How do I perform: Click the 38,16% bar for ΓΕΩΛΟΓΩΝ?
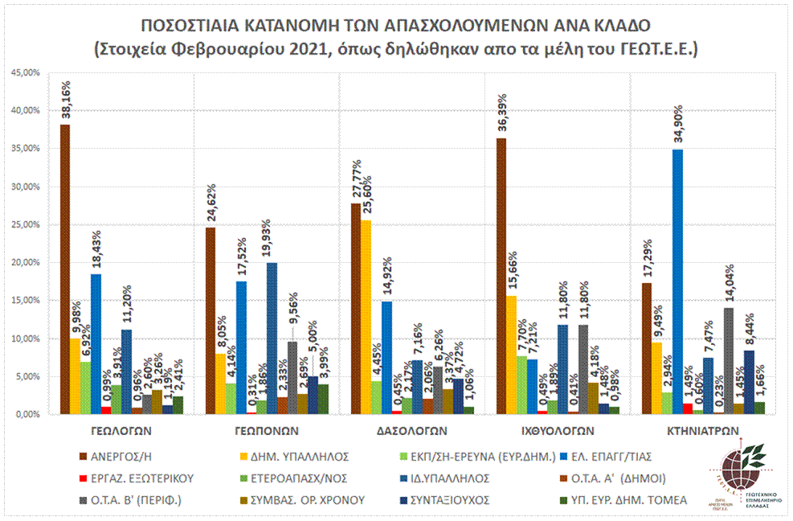pos(65,269)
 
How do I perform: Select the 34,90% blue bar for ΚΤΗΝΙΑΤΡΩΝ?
pos(678,281)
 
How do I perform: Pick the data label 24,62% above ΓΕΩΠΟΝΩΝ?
pos(211,203)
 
